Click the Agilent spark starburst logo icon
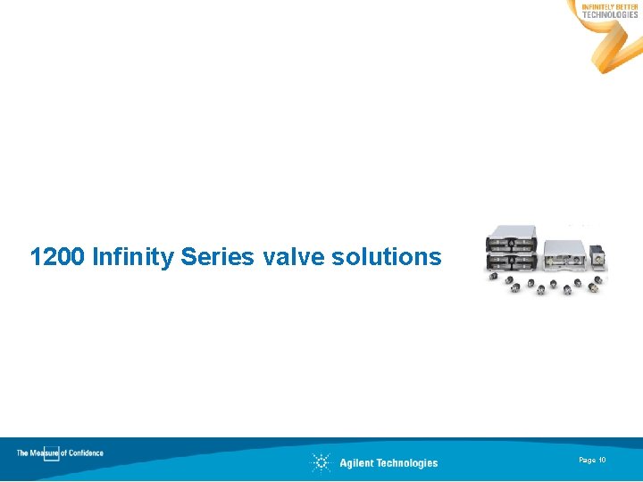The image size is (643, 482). point(321,462)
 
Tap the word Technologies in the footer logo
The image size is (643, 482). point(407,462)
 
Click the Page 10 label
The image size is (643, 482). point(592,460)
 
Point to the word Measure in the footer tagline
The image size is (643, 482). point(45,453)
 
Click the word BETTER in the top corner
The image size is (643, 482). point(627,7)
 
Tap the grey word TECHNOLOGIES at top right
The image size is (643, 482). point(610,15)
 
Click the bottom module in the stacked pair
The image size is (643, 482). point(511,262)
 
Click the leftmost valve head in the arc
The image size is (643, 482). point(492,278)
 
